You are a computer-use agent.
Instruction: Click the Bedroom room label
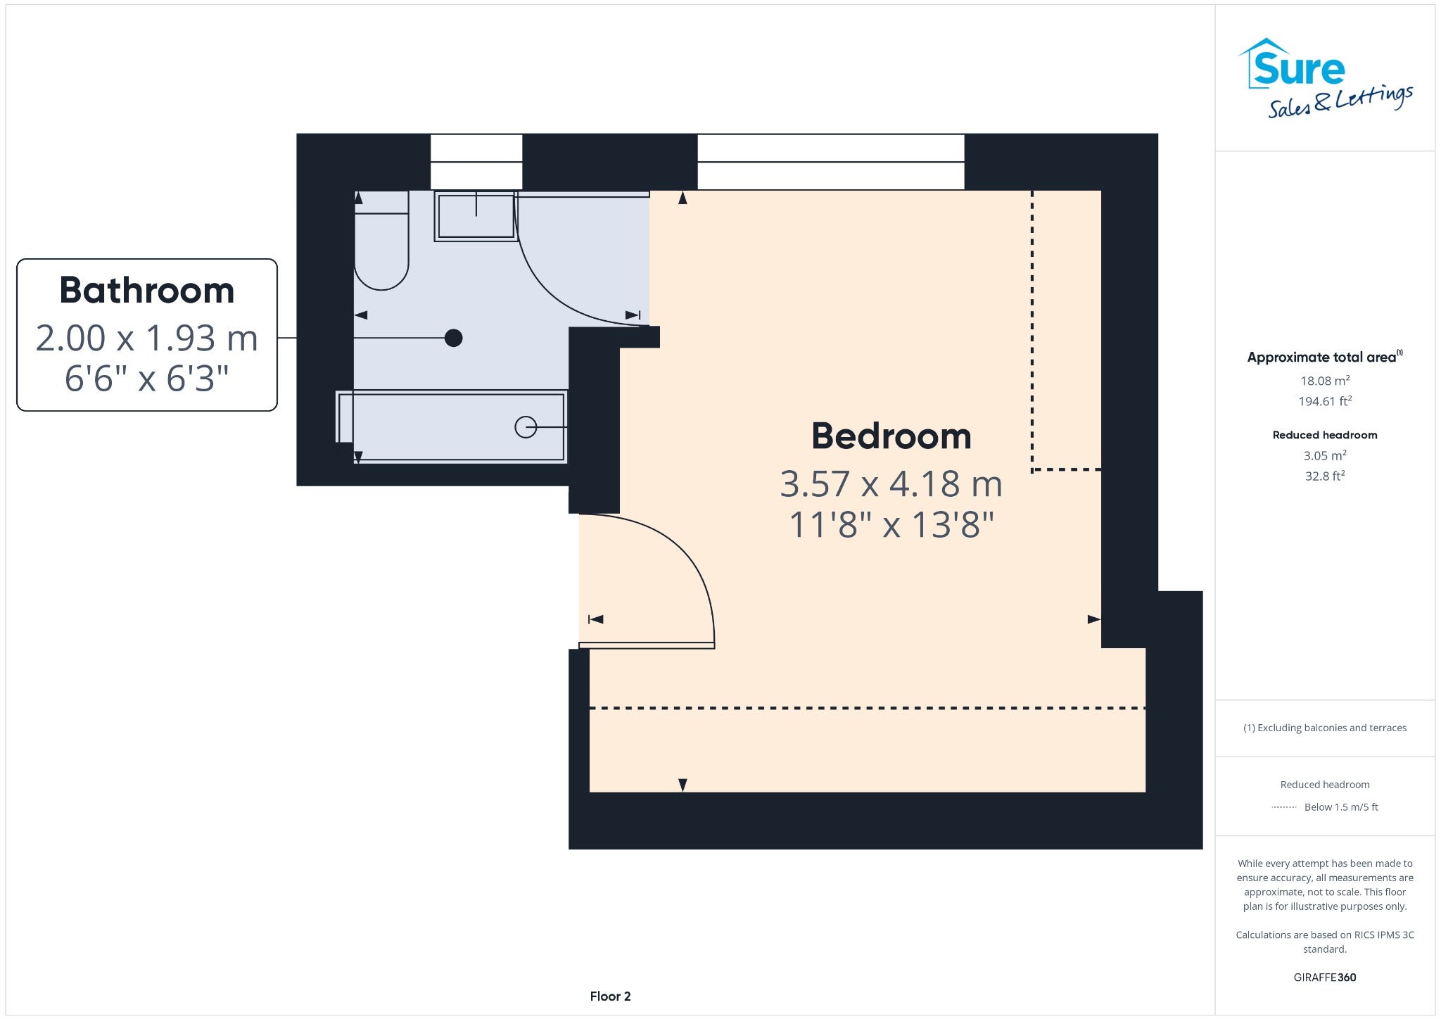[x=891, y=436]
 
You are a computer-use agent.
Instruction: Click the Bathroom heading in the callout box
[x=147, y=291]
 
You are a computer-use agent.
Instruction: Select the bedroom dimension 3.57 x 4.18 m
[x=891, y=484]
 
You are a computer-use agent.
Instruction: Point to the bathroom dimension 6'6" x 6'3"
[x=147, y=379]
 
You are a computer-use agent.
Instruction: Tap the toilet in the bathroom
[x=381, y=241]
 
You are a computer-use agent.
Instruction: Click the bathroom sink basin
[x=476, y=216]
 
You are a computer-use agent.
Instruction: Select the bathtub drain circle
[x=526, y=427]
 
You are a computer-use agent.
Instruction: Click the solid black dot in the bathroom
[x=454, y=338]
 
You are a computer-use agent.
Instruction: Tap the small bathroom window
[x=476, y=162]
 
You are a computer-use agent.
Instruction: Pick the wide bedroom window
[x=831, y=162]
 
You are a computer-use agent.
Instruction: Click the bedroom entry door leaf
[x=647, y=645]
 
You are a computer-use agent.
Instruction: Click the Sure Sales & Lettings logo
[x=1326, y=77]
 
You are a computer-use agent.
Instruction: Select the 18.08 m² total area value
[x=1325, y=381]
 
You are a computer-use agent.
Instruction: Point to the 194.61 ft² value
[x=1325, y=401]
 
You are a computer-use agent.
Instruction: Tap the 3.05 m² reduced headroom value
[x=1325, y=455]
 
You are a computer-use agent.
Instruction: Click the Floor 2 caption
[x=611, y=996]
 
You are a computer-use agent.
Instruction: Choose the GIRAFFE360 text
[x=1325, y=977]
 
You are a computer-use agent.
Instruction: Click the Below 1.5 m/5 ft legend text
[x=1341, y=807]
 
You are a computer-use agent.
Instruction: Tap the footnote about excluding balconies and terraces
[x=1325, y=728]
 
